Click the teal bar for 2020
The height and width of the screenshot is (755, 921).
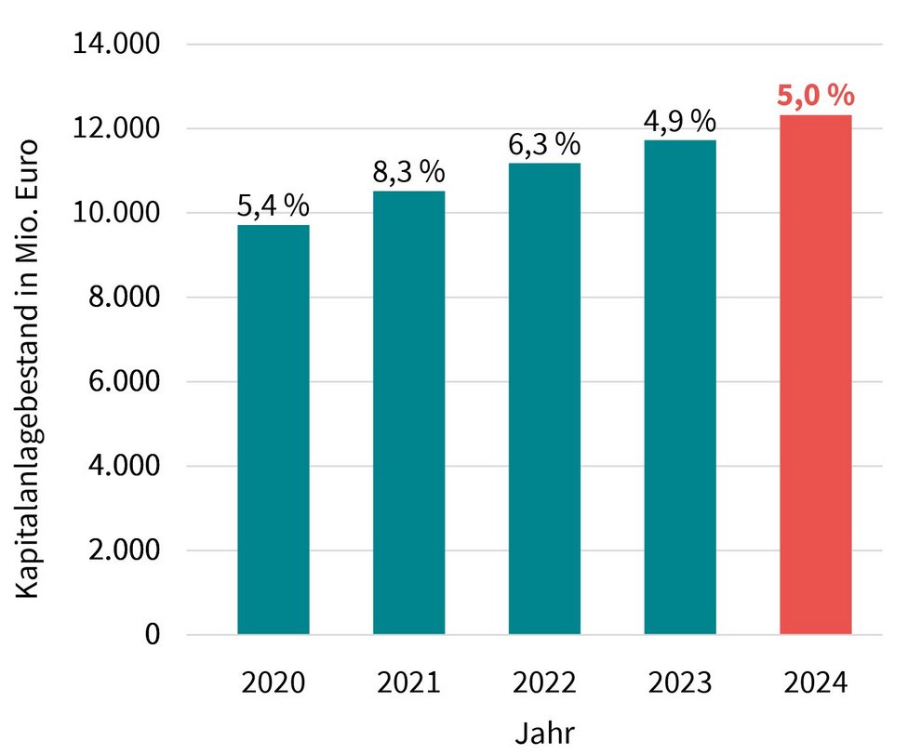[274, 430]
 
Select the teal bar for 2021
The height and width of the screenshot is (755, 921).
[409, 413]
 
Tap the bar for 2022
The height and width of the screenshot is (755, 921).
[544, 399]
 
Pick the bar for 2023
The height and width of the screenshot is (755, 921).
[680, 387]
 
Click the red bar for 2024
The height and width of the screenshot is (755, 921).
[816, 375]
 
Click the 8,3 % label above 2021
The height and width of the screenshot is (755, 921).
[409, 173]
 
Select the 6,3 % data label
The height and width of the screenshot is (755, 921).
[544, 145]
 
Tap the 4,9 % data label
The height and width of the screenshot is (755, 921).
[680, 122]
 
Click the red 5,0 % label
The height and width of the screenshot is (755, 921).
[816, 97]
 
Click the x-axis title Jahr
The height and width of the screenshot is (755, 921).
[545, 733]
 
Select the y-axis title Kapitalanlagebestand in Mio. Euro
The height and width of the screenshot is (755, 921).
[28, 369]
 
